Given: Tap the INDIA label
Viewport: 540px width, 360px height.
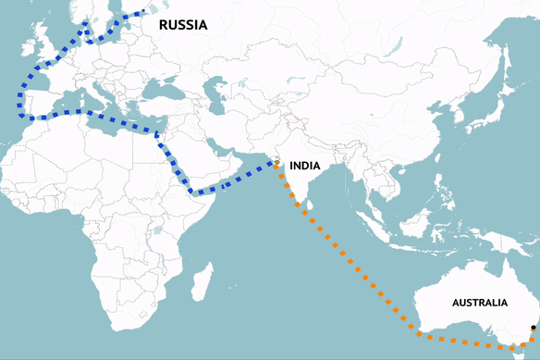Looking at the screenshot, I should (305, 166).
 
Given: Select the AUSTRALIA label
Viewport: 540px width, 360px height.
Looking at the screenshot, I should (479, 303).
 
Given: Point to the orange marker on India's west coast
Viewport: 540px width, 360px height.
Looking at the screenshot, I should (276, 163).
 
